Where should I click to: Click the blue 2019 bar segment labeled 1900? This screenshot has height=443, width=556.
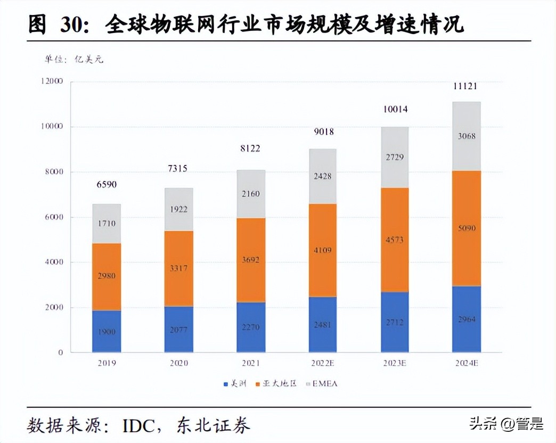click(x=107, y=331)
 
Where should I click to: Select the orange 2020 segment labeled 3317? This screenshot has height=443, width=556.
click(x=178, y=268)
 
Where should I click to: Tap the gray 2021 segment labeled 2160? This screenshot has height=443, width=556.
click(x=250, y=194)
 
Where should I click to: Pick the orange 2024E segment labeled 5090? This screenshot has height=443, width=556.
click(x=467, y=228)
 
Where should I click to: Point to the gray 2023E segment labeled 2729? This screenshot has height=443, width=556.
click(x=394, y=157)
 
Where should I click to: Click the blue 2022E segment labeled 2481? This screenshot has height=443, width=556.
click(x=322, y=324)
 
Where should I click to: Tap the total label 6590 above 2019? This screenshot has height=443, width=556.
click(x=107, y=185)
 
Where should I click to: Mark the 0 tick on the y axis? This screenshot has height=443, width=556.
click(x=60, y=352)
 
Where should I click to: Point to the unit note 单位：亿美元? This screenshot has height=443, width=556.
click(x=74, y=59)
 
